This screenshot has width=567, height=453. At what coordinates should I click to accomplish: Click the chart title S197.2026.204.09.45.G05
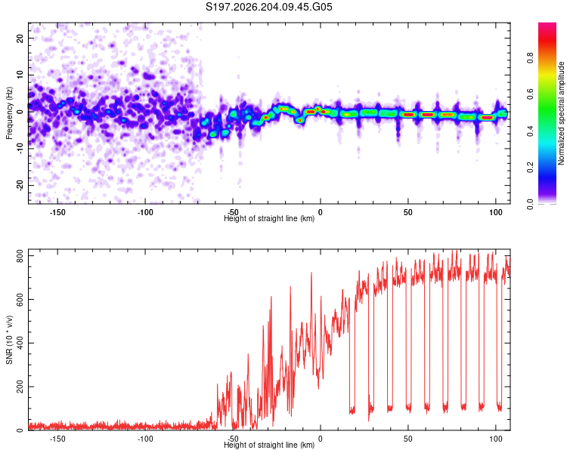coord(268,7)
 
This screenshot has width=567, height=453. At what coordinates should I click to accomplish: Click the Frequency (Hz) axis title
coord(9,113)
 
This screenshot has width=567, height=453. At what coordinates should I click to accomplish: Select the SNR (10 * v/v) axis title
coord(9,340)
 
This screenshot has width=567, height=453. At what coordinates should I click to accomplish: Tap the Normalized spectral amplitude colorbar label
coord(561,113)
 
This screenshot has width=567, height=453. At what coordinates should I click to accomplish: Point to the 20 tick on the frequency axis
coord(20,38)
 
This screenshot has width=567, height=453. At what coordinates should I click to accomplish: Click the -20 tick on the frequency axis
coord(20,185)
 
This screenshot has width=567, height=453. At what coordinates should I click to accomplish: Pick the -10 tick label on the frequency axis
coord(20,149)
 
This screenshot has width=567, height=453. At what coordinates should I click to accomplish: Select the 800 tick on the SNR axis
coord(20,256)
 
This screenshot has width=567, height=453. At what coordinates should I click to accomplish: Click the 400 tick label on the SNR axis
coord(20,344)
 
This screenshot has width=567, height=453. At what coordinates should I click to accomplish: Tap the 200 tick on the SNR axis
coord(20,387)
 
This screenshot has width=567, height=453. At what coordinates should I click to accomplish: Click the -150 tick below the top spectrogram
coord(57,212)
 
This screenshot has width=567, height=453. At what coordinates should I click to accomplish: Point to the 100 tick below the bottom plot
coord(496,439)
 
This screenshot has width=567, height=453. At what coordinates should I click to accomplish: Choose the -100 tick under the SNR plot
coord(145,439)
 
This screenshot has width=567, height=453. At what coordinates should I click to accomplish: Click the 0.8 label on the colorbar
coord(530,58)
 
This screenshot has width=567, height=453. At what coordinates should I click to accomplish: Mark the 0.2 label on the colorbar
coord(530,168)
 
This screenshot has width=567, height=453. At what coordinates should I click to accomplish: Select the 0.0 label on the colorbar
coord(530,204)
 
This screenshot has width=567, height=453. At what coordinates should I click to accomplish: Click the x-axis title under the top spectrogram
coord(269,218)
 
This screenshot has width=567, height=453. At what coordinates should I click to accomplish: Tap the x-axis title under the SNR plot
coord(269,445)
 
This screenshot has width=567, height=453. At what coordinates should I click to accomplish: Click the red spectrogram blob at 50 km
coord(408,115)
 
